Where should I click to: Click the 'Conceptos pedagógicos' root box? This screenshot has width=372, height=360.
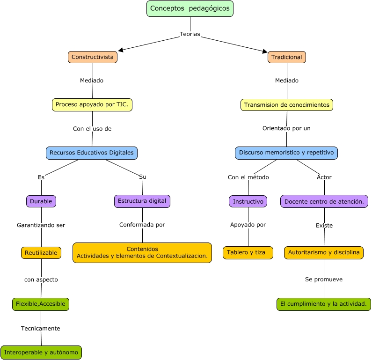190,9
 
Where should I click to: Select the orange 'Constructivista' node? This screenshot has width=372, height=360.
93,57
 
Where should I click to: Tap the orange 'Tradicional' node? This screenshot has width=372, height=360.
287,57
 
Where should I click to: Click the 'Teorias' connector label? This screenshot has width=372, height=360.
190,34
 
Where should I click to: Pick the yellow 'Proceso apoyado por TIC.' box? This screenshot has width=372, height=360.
92,105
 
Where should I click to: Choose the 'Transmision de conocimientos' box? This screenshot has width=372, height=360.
287,105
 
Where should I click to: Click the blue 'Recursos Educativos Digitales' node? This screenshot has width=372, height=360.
92,153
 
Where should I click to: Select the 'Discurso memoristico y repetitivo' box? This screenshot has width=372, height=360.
286,153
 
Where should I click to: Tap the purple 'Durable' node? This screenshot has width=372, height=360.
41,201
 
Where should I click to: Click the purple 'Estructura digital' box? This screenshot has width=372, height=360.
142,201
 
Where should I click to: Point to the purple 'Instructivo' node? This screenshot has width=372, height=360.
248,201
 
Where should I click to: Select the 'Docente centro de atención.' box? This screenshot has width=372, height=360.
324,201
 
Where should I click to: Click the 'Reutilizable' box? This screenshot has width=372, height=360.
41,253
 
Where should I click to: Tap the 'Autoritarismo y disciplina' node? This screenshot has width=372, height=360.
324,253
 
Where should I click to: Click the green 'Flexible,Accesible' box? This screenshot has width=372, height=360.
41,304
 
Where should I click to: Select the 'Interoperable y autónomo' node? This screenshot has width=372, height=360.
41,353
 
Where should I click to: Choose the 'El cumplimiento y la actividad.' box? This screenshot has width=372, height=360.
324,304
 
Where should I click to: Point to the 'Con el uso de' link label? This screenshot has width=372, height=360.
92,129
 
